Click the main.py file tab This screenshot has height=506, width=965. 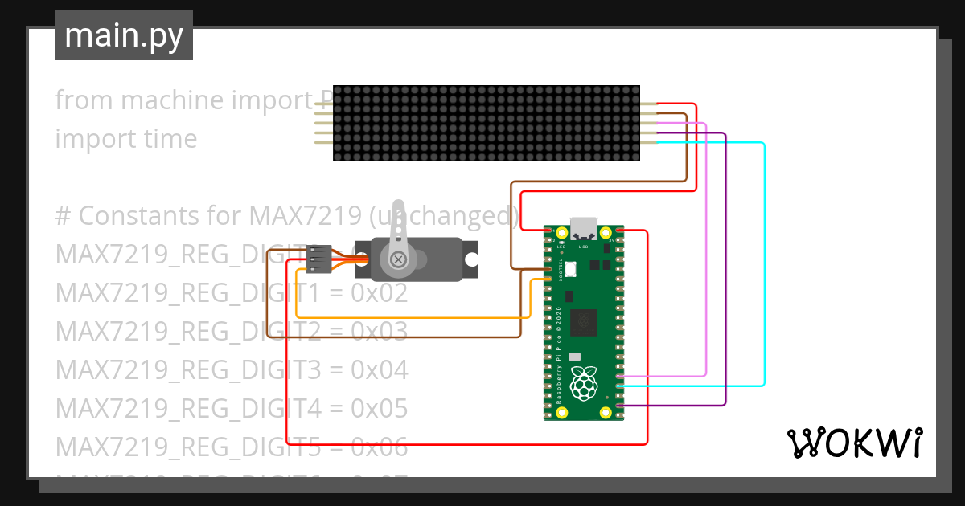124,35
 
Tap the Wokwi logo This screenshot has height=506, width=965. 853,443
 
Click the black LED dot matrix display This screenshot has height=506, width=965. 487,123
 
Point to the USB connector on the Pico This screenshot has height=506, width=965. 584,228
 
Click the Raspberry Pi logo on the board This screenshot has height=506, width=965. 584,383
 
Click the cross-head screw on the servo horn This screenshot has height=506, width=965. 398,259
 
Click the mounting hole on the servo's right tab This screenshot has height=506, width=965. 470,259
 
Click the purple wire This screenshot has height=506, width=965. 725,273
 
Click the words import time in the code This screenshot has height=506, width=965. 126,139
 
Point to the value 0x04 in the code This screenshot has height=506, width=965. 380,370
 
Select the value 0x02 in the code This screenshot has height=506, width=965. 380,293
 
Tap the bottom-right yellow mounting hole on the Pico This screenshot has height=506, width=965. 606,413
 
